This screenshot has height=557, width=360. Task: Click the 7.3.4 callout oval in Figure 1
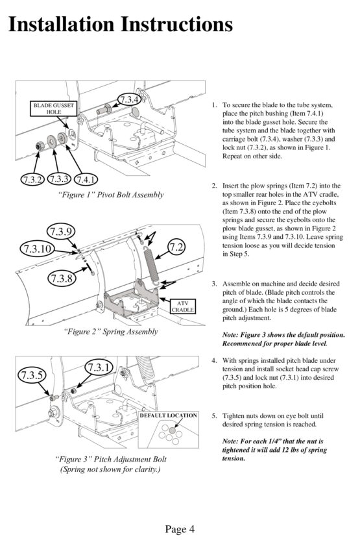(129, 99)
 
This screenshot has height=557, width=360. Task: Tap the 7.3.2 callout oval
(32, 179)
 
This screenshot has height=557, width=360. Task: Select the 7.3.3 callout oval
(59, 179)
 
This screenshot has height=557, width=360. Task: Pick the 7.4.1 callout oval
(85, 179)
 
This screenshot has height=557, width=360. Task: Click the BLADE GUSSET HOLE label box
(54, 108)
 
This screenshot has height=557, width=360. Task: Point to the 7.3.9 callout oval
(61, 232)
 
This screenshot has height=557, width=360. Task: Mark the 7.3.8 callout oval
(62, 277)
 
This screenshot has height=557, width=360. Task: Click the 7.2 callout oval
(176, 247)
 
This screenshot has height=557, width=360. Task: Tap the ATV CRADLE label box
(182, 306)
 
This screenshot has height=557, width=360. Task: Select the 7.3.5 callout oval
(32, 375)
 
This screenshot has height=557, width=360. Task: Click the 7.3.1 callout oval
(99, 367)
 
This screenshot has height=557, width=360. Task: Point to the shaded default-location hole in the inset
(173, 430)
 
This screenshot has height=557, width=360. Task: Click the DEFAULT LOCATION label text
(168, 415)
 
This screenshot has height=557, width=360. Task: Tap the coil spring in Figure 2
(152, 265)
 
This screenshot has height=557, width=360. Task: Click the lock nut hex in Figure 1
(39, 145)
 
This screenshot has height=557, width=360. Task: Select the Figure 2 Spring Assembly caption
(111, 332)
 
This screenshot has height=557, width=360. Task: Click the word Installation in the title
(62, 24)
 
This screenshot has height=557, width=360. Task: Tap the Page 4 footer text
(180, 529)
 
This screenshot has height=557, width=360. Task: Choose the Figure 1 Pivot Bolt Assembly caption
(111, 195)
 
